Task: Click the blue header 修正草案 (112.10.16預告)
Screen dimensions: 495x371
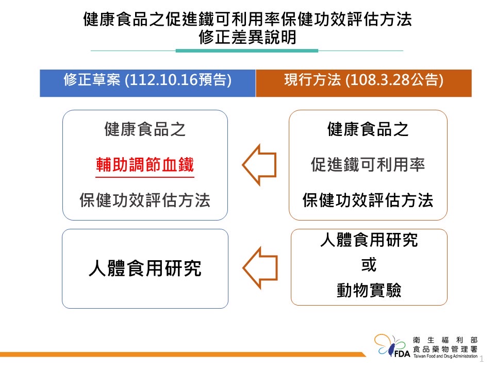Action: tap(147, 83)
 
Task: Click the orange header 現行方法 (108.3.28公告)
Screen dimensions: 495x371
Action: tap(364, 83)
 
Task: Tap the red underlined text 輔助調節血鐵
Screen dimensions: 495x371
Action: tap(145, 165)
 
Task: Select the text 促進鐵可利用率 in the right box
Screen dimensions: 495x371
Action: tap(368, 165)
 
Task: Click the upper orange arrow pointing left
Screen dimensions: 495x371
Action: tap(259, 165)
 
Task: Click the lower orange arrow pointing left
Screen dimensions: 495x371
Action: tap(260, 268)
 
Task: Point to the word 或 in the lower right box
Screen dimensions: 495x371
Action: tap(369, 264)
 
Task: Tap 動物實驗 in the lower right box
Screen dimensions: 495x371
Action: tap(369, 290)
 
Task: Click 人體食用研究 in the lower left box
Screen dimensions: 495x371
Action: tap(145, 268)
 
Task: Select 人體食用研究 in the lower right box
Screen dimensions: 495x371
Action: tap(369, 240)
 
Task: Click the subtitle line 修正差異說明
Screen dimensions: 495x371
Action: tap(247, 37)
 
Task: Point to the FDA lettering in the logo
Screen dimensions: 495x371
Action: tap(402, 354)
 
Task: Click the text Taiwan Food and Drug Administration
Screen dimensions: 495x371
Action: tap(445, 356)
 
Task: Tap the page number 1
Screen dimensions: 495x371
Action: tap(482, 359)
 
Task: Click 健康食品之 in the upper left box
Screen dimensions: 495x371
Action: tap(145, 129)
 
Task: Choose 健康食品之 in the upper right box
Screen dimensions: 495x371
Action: tap(368, 129)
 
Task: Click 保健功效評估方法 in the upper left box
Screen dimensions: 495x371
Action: tap(145, 200)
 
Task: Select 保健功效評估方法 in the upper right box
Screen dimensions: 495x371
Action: tap(368, 200)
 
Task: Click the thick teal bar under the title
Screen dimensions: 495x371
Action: tap(247, 51)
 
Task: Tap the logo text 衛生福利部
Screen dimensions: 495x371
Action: tap(445, 340)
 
